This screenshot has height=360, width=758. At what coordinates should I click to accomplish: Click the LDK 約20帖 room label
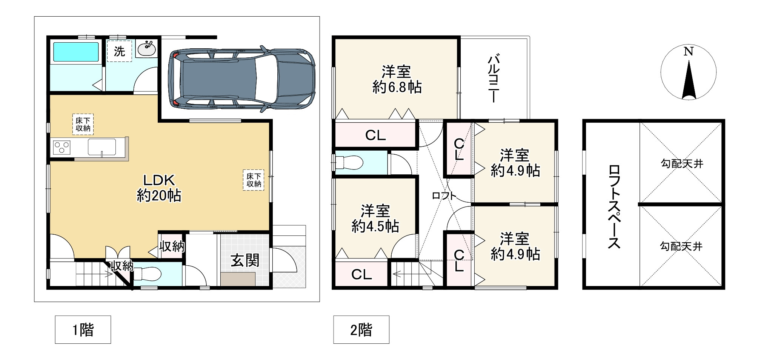[159, 188]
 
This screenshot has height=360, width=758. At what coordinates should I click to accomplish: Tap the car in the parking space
[241, 79]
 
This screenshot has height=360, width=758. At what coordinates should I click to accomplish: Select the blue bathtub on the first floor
[76, 52]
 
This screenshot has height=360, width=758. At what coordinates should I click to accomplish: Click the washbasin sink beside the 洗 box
[146, 48]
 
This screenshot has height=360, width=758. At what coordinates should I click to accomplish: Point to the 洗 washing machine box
[119, 51]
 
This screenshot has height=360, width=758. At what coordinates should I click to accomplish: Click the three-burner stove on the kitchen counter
[62, 147]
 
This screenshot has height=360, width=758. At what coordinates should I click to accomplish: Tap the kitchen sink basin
[102, 147]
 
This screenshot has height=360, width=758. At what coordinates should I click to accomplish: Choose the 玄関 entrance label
[245, 260]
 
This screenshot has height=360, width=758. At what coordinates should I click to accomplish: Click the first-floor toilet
[147, 273]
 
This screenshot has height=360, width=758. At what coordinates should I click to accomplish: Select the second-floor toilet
[349, 163]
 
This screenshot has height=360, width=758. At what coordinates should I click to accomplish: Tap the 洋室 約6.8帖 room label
[397, 79]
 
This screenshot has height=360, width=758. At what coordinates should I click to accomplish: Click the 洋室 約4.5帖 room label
[375, 218]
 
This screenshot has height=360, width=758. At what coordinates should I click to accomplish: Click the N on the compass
[689, 51]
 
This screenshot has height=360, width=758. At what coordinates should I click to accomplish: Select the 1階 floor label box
[83, 329]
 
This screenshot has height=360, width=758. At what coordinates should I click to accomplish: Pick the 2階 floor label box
[361, 329]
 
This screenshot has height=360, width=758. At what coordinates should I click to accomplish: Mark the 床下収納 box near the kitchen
[83, 124]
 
